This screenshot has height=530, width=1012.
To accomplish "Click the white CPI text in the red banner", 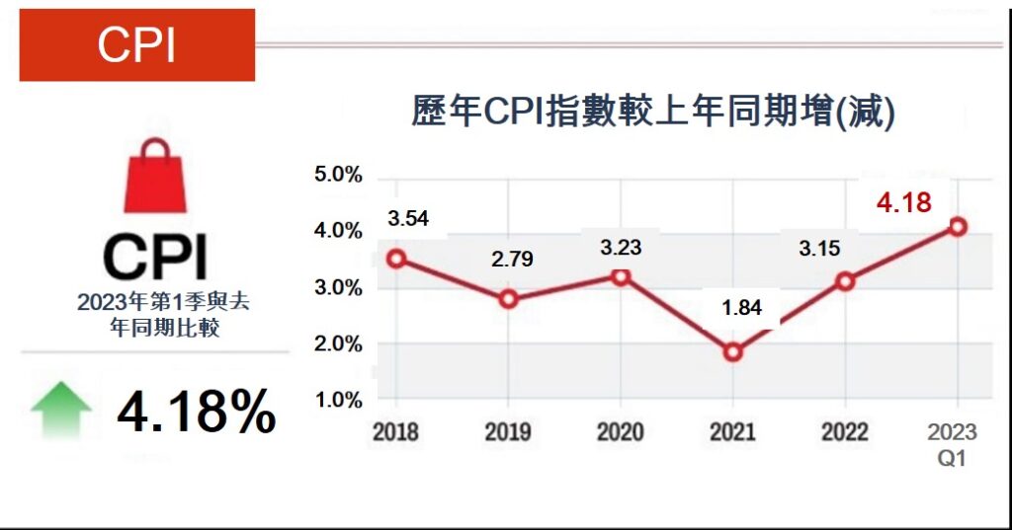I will (x=136, y=45).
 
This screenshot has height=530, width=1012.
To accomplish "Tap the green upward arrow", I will (x=61, y=410).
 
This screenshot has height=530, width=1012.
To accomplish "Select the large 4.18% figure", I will (x=196, y=412).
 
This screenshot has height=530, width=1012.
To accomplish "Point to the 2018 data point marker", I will (x=395, y=259).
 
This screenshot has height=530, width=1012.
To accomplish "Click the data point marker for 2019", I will (x=508, y=299).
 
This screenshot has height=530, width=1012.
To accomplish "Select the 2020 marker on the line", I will (x=620, y=276).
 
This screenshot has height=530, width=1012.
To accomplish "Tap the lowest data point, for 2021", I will (x=732, y=352).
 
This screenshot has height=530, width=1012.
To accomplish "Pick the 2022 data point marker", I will (x=845, y=282).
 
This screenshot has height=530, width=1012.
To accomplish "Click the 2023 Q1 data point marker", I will (x=957, y=227).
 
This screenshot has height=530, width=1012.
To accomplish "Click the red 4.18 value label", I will (x=903, y=204).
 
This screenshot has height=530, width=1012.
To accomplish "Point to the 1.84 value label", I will (x=742, y=308).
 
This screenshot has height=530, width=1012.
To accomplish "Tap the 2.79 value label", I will (x=513, y=261).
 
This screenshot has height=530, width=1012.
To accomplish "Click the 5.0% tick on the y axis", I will (x=338, y=176).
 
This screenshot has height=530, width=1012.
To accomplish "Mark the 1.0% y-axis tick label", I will (x=338, y=401).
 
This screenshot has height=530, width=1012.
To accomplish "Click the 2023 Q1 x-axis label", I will (x=953, y=444).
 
